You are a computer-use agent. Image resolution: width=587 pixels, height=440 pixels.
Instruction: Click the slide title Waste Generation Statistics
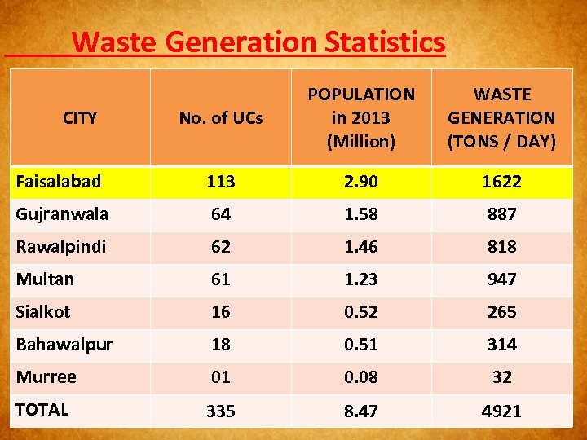tap(258, 42)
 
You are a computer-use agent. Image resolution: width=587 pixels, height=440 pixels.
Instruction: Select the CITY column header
tap(80, 118)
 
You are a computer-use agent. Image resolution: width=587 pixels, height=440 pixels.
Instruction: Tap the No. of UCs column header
tap(220, 118)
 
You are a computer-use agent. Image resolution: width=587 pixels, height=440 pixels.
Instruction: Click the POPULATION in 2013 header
tap(360, 118)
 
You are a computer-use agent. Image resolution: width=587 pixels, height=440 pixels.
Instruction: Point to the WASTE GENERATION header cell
tap(501, 118)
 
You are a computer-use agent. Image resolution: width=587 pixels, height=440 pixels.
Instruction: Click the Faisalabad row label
tap(57, 182)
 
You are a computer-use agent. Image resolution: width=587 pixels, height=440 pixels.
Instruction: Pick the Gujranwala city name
tap(62, 214)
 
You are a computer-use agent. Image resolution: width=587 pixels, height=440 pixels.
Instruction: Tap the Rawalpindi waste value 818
tap(501, 247)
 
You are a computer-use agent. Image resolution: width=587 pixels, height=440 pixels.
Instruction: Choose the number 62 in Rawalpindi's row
tap(220, 247)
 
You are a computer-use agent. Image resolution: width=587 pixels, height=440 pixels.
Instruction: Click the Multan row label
tap(45, 279)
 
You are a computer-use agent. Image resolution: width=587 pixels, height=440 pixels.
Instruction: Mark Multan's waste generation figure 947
tap(501, 279)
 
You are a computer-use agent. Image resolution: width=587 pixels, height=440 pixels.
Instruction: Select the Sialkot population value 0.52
tap(360, 312)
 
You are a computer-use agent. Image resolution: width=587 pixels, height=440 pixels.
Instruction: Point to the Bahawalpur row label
tap(64, 344)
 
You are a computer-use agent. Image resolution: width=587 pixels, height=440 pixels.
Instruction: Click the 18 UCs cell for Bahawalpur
tap(220, 345)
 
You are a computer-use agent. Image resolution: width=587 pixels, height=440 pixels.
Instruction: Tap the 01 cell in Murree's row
tap(220, 377)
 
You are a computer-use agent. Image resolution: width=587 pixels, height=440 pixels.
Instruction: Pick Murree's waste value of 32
tap(501, 377)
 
